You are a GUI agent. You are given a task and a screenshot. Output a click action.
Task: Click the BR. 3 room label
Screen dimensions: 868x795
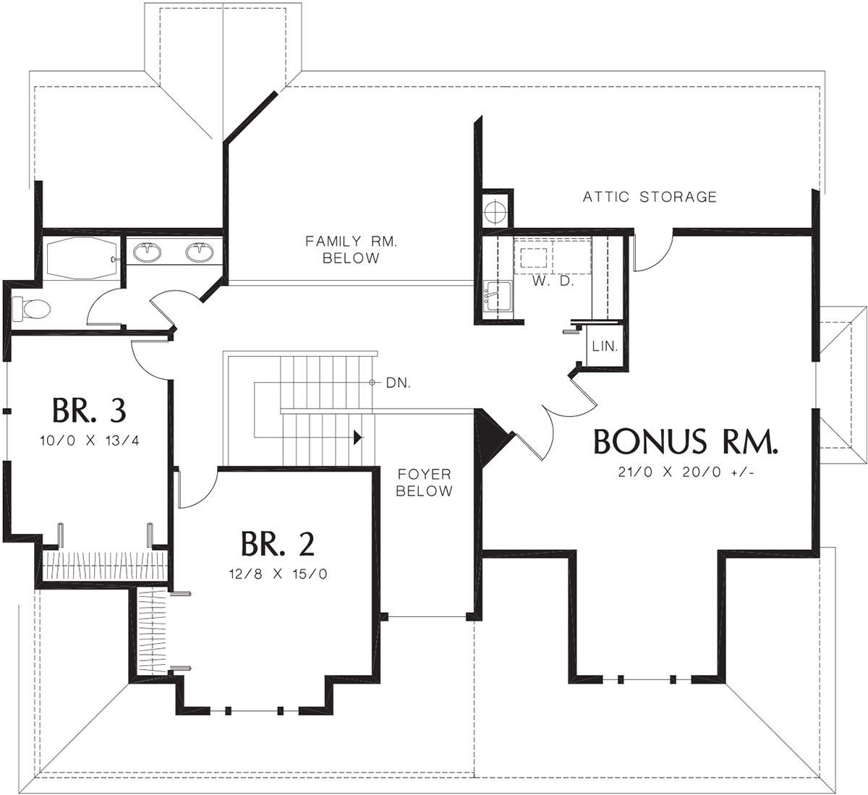(89, 410)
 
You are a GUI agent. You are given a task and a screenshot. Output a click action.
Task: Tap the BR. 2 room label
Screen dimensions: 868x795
(277, 544)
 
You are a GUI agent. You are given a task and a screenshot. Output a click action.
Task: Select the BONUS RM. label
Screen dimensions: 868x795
(686, 441)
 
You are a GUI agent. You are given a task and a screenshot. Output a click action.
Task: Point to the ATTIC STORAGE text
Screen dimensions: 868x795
(650, 197)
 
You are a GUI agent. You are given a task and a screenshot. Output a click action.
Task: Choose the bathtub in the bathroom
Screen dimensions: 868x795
(82, 258)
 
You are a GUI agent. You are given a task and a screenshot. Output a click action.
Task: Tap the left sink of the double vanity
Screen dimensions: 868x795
(147, 252)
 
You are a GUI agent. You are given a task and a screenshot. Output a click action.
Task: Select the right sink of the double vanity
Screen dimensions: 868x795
(200, 252)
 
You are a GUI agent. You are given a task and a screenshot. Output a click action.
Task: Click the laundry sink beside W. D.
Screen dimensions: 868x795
(497, 296)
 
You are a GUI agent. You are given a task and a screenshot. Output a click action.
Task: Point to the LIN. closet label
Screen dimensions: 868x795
(605, 346)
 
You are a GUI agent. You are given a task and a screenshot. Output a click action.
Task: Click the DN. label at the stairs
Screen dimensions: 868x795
(398, 383)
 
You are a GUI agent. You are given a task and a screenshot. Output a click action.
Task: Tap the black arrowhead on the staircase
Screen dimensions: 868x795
(358, 438)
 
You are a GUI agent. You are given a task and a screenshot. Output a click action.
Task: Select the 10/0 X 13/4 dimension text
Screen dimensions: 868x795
(90, 441)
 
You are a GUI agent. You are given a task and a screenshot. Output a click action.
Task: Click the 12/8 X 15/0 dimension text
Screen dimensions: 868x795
(278, 574)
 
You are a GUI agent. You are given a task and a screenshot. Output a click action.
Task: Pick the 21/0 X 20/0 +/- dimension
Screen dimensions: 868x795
(686, 472)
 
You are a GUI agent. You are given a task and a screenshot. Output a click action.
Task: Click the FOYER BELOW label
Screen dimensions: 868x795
(424, 482)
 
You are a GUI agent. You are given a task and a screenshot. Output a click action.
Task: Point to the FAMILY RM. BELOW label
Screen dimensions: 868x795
(351, 250)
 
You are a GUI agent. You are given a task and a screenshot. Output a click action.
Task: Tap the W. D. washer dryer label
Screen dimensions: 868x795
(553, 281)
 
